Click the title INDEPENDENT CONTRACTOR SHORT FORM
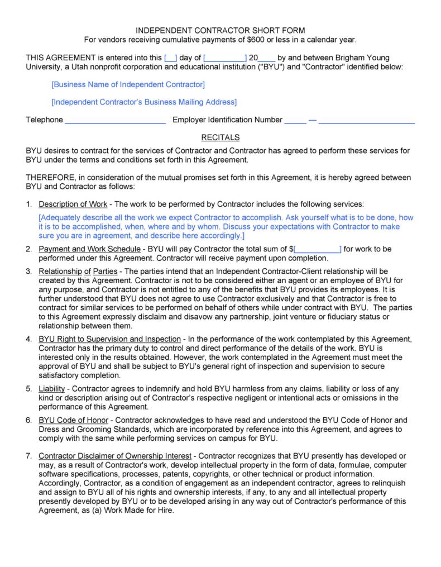(220, 30)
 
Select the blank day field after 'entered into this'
(171, 58)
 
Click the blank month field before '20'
(225, 58)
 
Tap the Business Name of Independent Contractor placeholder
(128, 84)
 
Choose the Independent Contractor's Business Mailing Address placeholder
(143, 102)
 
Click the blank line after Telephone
(115, 120)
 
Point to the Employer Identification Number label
(227, 120)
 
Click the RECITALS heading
(220, 137)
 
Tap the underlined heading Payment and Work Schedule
(89, 249)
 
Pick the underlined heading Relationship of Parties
(78, 271)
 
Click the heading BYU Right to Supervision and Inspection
(109, 339)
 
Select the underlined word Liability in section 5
(52, 388)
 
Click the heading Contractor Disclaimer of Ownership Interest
(114, 456)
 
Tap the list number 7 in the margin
(28, 456)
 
